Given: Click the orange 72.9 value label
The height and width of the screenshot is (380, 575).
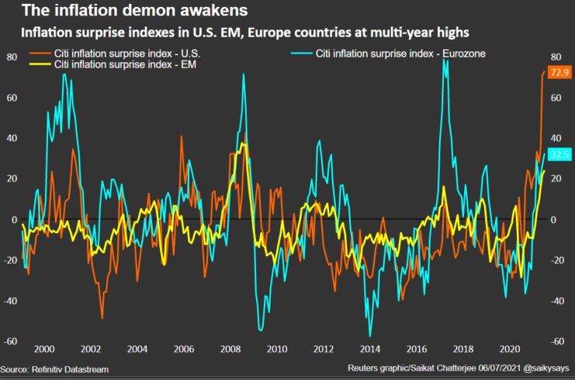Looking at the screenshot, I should pos(559,73).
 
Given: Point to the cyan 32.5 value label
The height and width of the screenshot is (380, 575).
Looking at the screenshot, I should pos(559,154).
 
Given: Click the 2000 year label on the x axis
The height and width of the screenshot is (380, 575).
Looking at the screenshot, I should pos(43,349).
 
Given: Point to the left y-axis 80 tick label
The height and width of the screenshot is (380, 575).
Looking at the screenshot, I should pos(12,57).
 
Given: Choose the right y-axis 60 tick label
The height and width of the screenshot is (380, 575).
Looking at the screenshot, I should pos(555,98).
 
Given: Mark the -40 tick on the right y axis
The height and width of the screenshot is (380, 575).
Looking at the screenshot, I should pos(556,301).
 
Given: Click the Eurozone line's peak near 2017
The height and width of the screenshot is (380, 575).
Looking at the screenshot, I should pos(444,60).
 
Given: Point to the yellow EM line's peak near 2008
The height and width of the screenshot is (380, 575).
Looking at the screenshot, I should pos(244,144).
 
